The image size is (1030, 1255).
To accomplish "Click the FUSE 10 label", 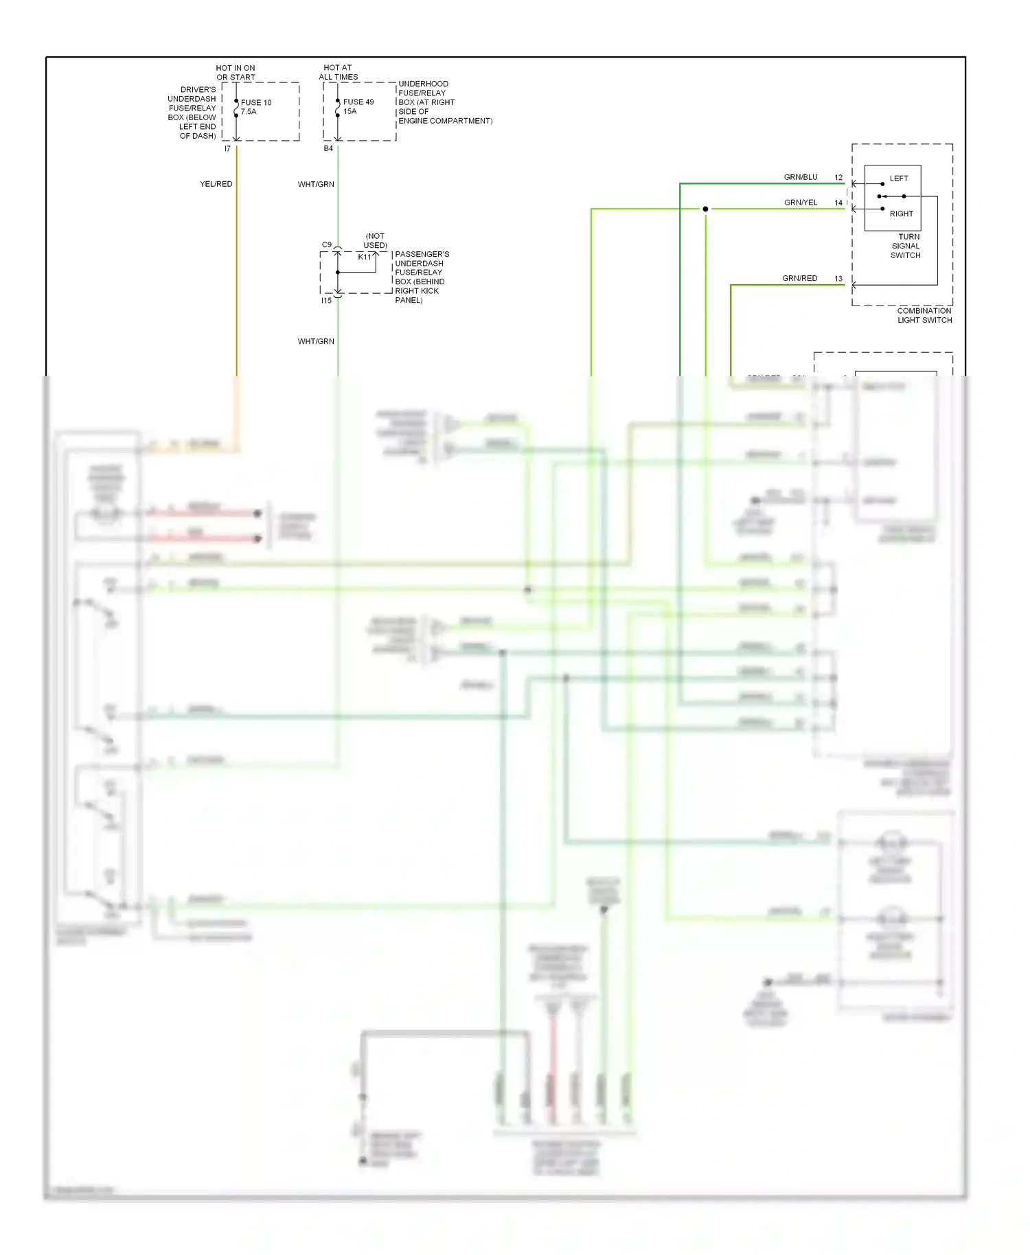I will (x=256, y=102).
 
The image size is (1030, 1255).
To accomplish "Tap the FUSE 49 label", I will (x=358, y=102).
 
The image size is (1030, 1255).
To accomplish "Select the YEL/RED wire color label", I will (x=216, y=184).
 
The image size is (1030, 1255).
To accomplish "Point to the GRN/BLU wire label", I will (x=801, y=177).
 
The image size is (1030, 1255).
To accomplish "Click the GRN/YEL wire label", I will (x=801, y=203).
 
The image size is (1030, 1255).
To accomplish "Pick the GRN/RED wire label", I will (x=799, y=278).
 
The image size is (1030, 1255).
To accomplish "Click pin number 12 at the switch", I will (x=838, y=177).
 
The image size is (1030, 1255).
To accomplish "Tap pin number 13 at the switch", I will (x=838, y=278).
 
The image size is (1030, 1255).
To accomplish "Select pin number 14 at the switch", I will (x=838, y=203).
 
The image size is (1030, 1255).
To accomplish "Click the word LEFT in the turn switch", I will (x=899, y=179).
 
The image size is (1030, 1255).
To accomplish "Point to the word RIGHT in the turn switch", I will (x=902, y=214).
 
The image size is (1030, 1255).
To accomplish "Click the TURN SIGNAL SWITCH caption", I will (x=906, y=246).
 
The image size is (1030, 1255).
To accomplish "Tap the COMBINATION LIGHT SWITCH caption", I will (x=924, y=315).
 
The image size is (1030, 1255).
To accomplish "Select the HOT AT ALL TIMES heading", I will (x=338, y=72).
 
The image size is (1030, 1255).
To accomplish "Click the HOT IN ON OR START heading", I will (x=236, y=72).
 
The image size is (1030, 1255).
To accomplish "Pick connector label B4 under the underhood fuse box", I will (x=328, y=148).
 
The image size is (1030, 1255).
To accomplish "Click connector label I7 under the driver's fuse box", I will (x=227, y=148).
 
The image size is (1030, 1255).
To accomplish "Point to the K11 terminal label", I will (x=364, y=257).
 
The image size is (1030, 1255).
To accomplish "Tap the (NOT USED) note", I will (x=376, y=240).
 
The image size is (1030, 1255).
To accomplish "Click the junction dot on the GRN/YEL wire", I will (x=705, y=209).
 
